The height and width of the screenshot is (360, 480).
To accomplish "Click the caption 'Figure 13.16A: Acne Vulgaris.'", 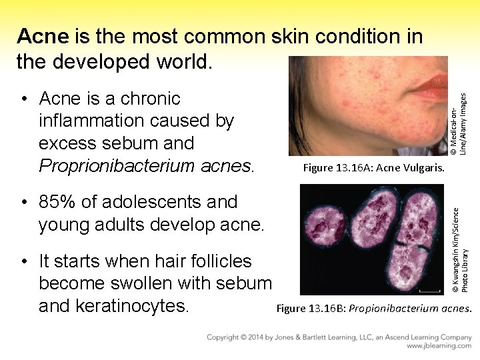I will (x=373, y=167).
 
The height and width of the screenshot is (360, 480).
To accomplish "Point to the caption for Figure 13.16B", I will (x=374, y=308).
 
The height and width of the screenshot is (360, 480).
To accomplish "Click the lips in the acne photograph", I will (x=433, y=85).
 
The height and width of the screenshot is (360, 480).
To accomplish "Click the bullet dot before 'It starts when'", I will (x=24, y=262).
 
